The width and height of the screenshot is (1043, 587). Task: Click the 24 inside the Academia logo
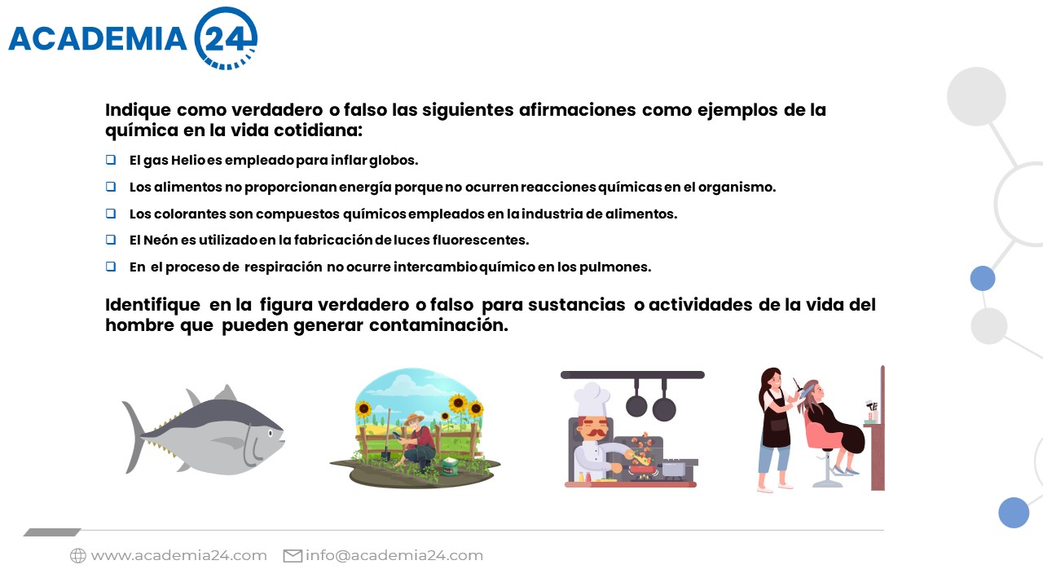click(224, 39)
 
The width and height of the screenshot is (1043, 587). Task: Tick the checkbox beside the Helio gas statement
click(111, 160)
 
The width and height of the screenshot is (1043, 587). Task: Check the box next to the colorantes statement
click(111, 214)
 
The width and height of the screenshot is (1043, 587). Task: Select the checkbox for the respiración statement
click(111, 267)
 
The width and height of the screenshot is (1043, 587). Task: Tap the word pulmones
click(615, 267)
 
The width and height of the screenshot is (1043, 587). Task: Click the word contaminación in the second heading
click(438, 325)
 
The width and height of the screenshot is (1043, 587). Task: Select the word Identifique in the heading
click(152, 305)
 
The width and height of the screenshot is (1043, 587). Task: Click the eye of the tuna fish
click(271, 433)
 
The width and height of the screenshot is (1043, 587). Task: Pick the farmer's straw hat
click(413, 418)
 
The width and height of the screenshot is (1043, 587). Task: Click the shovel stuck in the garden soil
click(387, 435)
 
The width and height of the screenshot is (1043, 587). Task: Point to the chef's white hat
click(592, 399)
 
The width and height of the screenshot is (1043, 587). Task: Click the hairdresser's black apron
click(774, 419)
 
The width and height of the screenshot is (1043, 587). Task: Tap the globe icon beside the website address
click(78, 556)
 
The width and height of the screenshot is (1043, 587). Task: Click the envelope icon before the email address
click(293, 556)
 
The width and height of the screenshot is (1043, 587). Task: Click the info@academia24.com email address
click(394, 556)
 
